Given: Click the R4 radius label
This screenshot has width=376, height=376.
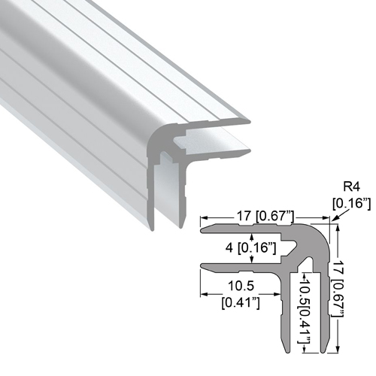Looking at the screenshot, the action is [351, 186].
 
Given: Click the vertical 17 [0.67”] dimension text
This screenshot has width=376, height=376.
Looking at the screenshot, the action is [338, 288].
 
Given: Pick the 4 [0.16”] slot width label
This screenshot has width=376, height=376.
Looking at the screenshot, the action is [250, 248].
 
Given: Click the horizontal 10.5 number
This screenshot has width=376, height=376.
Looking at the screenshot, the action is [241, 286].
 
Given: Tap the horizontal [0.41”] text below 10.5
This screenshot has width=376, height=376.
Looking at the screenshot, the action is [241, 302].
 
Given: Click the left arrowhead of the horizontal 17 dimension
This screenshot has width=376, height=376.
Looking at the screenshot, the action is [203, 218].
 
